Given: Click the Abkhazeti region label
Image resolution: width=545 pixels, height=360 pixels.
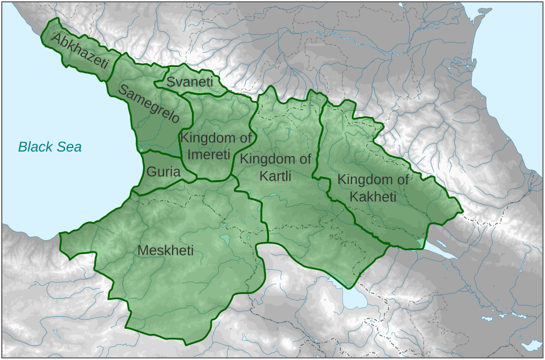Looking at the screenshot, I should click(80, 50).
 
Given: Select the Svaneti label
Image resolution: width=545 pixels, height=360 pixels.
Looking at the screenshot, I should click(190, 82).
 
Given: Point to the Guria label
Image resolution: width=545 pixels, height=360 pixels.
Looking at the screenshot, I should click(163, 171).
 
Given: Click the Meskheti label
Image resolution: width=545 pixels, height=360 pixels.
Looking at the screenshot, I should click(166, 250).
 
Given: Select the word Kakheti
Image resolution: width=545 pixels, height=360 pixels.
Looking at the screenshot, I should click(373, 197).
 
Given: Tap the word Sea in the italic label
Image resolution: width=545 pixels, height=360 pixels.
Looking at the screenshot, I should click(69, 147).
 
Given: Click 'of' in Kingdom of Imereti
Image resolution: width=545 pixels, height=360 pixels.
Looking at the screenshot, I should click(245, 137).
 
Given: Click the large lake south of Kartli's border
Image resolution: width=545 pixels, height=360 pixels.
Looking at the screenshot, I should click(355, 299).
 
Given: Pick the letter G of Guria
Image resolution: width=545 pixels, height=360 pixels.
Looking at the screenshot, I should click(151, 171).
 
